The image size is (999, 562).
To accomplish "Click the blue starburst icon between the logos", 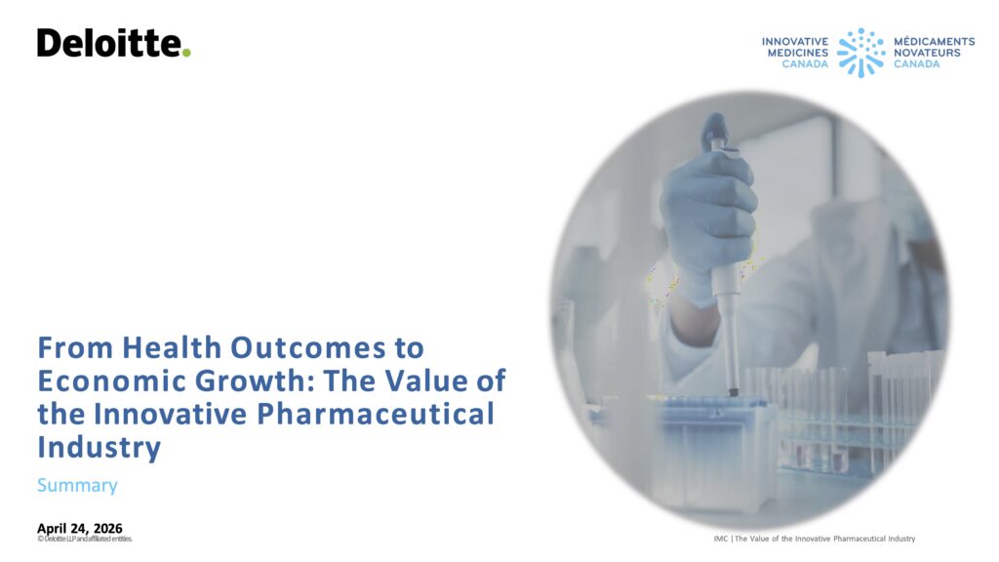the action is tap(860, 53).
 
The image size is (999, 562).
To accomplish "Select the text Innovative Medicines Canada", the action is tap(795, 53).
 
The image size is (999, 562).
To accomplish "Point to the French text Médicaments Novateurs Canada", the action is tap(934, 53).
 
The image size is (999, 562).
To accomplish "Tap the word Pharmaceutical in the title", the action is tap(376, 414).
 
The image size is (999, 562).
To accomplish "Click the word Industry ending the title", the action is tap(99, 447).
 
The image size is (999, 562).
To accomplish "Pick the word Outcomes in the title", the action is tap(307, 347).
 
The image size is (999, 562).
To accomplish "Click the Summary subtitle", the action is tap(77, 486).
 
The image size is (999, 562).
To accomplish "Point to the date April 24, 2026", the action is tap(80, 528).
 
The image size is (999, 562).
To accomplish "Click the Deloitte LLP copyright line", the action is tap(85, 539).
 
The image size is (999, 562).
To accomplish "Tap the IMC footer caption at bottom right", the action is tap(815, 539).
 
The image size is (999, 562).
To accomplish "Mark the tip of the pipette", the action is tap(734, 393).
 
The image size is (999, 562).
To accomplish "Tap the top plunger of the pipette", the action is tap(716, 128).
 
